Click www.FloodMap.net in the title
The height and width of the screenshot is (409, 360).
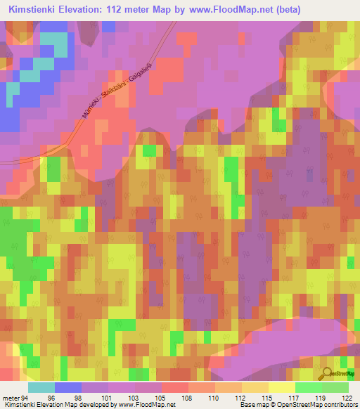click(231, 10)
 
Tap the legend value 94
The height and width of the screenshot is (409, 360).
click(28, 397)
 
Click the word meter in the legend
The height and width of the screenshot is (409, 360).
click(12, 397)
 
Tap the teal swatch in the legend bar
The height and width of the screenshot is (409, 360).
click(41, 387)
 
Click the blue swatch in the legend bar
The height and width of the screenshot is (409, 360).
click(68, 387)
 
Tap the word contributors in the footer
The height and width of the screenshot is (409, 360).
click(340, 405)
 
